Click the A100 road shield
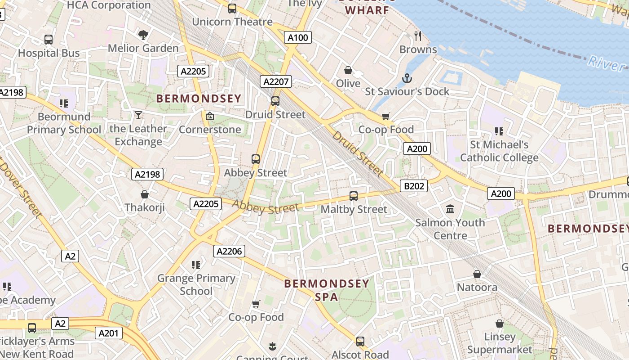pyautogui.click(x=298, y=37)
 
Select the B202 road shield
pyautogui.click(x=413, y=185)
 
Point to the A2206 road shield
pyautogui.click(x=229, y=251)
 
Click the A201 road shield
pyautogui.click(x=109, y=333)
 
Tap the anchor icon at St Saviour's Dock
pyautogui.click(x=407, y=78)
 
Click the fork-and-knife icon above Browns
pyautogui.click(x=418, y=36)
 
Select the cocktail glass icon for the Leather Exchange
pyautogui.click(x=138, y=115)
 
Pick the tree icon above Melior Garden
pyautogui.click(x=143, y=35)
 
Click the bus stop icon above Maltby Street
pyautogui.click(x=354, y=196)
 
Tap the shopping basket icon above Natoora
pyautogui.click(x=477, y=274)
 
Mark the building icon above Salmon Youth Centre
pyautogui.click(x=450, y=209)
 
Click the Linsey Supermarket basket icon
pyautogui.click(x=499, y=324)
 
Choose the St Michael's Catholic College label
pyautogui.click(x=499, y=151)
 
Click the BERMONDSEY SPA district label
pyautogui.click(x=327, y=290)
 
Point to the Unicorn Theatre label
pyautogui.click(x=232, y=22)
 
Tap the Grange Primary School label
pyautogui.click(x=196, y=284)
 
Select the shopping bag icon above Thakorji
pyautogui.click(x=145, y=194)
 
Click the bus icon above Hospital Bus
pyautogui.click(x=49, y=40)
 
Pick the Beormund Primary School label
pyautogui.click(x=64, y=123)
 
